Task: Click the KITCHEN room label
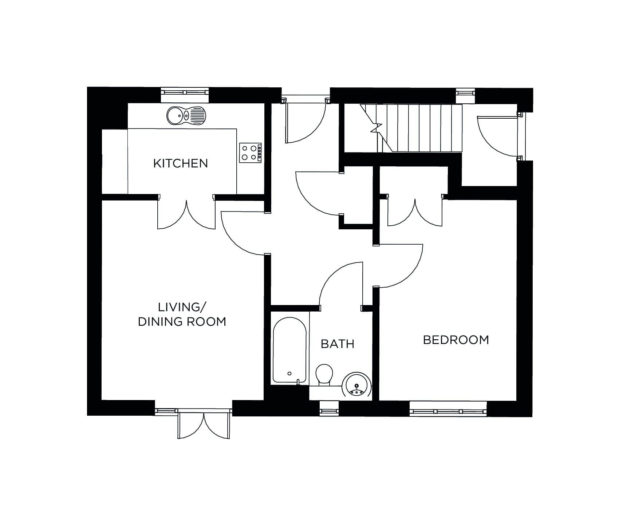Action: pyautogui.click(x=180, y=163)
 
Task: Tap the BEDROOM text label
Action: pyautogui.click(x=456, y=340)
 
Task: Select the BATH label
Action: pyautogui.click(x=337, y=344)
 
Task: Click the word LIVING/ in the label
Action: pyautogui.click(x=181, y=307)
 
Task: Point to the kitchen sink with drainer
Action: pyautogui.click(x=186, y=115)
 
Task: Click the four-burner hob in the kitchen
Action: pyautogui.click(x=251, y=153)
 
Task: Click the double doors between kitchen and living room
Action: pyautogui.click(x=186, y=215)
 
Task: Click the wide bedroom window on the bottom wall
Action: pyautogui.click(x=448, y=411)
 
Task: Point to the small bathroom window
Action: pyautogui.click(x=329, y=411)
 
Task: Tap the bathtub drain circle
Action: pyautogui.click(x=289, y=373)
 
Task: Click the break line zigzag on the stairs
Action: pyautogui.click(x=376, y=128)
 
